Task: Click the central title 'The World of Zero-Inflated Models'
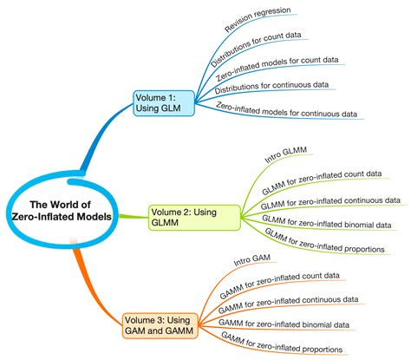tap(62, 211)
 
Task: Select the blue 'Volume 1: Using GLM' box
tap(164, 103)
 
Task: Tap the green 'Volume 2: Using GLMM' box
tap(194, 218)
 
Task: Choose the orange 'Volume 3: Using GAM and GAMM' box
tap(160, 325)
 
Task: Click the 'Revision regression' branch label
tap(258, 19)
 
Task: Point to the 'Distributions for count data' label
tap(256, 49)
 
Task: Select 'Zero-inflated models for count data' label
tap(277, 69)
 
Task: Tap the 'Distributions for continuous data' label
tap(271, 88)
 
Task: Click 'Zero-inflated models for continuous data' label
tap(287, 109)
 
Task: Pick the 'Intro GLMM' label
tap(285, 154)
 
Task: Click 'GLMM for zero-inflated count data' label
tap(322, 182)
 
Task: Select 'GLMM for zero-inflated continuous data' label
tap(330, 203)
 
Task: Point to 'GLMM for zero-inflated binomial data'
tap(327, 222)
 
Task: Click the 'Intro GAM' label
tap(252, 260)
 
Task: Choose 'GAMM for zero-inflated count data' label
tap(279, 285)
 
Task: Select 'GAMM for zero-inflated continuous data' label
tap(288, 304)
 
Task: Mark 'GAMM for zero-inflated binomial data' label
tap(284, 324)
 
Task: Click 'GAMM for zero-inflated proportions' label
tap(282, 343)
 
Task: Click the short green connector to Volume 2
tap(133, 216)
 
